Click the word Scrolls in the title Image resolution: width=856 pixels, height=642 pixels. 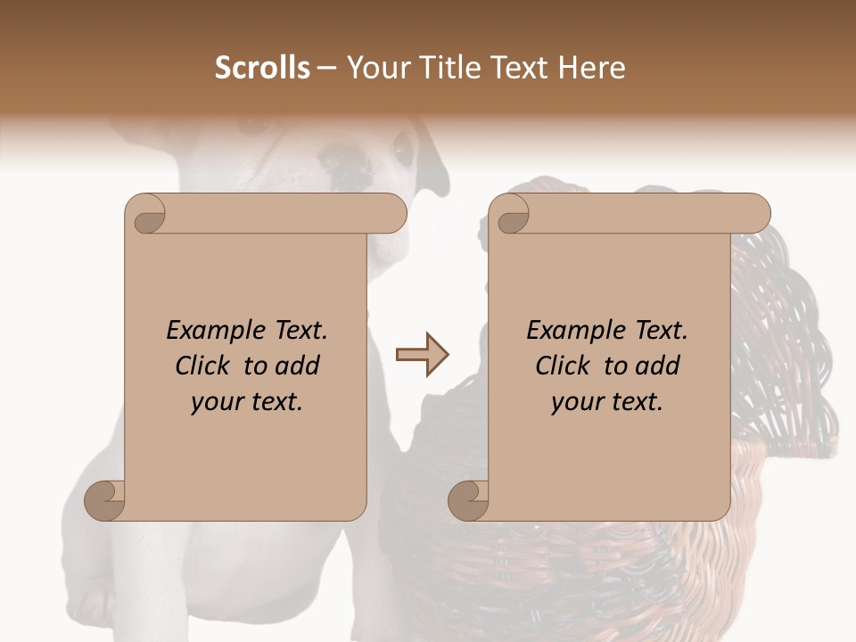coord(262,68)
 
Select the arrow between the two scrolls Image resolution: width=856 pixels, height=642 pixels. coord(423,355)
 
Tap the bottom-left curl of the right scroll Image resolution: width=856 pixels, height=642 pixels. coord(469,500)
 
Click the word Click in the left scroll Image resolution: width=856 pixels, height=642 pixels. coord(204,366)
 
